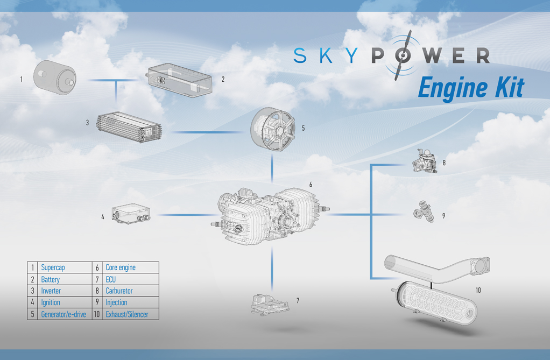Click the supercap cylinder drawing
coord(55,77)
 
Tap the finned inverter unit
coord(129,127)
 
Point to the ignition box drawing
coord(131,214)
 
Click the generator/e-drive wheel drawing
coord(272,129)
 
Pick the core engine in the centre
coord(270,216)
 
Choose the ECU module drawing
coord(270,304)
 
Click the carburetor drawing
coord(425,161)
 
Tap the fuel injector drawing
coord(424,211)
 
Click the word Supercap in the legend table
coord(53,267)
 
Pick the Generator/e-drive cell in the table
coord(64,314)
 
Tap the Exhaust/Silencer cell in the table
coord(127,314)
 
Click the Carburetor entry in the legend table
coord(119,291)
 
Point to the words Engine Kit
coord(471,87)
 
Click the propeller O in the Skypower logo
coord(403,55)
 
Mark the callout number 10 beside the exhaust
coord(478,290)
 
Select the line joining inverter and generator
coord(207,132)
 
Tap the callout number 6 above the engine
coord(311,185)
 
